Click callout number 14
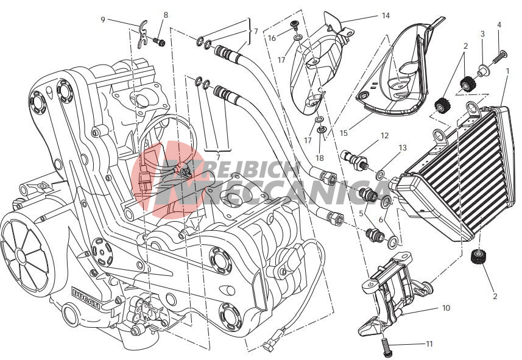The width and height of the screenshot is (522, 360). point(386,16)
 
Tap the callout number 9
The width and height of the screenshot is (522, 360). point(103,20)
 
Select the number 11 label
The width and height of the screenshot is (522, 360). point(429,344)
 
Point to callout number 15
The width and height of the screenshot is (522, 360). point(344,133)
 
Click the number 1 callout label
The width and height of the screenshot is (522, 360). point(507,71)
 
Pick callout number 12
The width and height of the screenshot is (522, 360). point(384,136)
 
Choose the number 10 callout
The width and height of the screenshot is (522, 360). point(446,308)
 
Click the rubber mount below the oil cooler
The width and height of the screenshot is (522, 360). point(478,257)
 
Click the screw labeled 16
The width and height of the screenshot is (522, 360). point(295,24)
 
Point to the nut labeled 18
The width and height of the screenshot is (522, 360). point(322,129)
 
